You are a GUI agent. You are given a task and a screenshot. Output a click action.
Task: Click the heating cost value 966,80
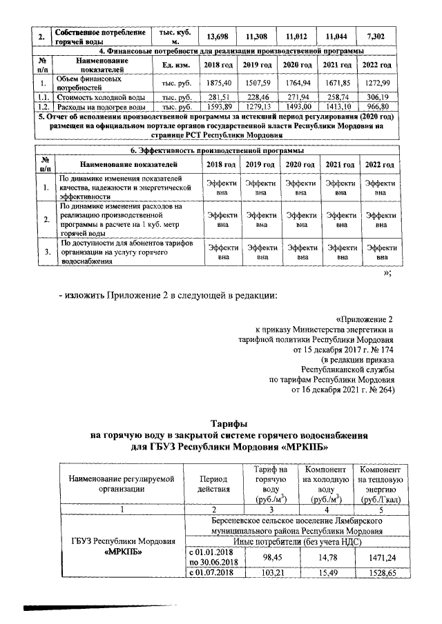(377, 108)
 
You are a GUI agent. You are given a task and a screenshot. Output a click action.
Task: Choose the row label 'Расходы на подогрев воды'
(101, 108)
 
